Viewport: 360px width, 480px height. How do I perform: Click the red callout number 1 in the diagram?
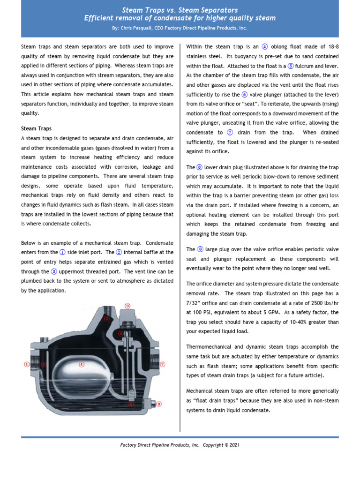[27, 364]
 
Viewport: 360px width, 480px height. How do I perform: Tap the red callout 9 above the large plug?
[127, 306]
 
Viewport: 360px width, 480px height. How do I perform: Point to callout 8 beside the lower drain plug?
[158, 404]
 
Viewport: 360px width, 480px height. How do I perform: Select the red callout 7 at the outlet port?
[163, 364]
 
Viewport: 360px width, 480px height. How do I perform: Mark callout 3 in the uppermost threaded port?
[107, 318]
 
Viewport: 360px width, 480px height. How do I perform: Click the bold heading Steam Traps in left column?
[37, 128]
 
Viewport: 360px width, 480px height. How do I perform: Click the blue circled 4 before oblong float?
[265, 47]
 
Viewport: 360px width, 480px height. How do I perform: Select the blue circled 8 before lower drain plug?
[199, 167]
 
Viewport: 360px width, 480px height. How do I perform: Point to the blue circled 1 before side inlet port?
[62, 252]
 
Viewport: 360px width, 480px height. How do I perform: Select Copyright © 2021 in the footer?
[221, 445]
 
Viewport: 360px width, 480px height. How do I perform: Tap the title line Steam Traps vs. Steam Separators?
[180, 10]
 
